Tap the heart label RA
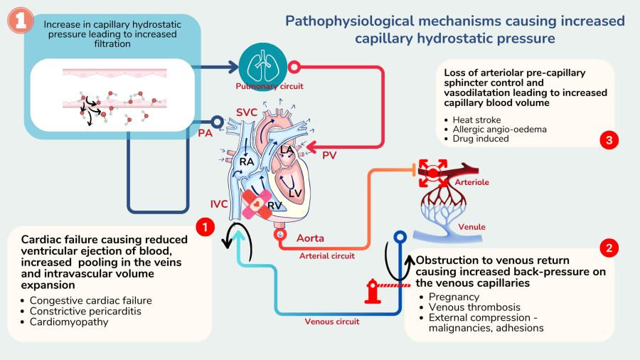point(247,162)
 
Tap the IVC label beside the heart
point(219,204)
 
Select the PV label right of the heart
point(330,154)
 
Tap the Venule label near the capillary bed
point(472,227)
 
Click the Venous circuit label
point(332,322)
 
